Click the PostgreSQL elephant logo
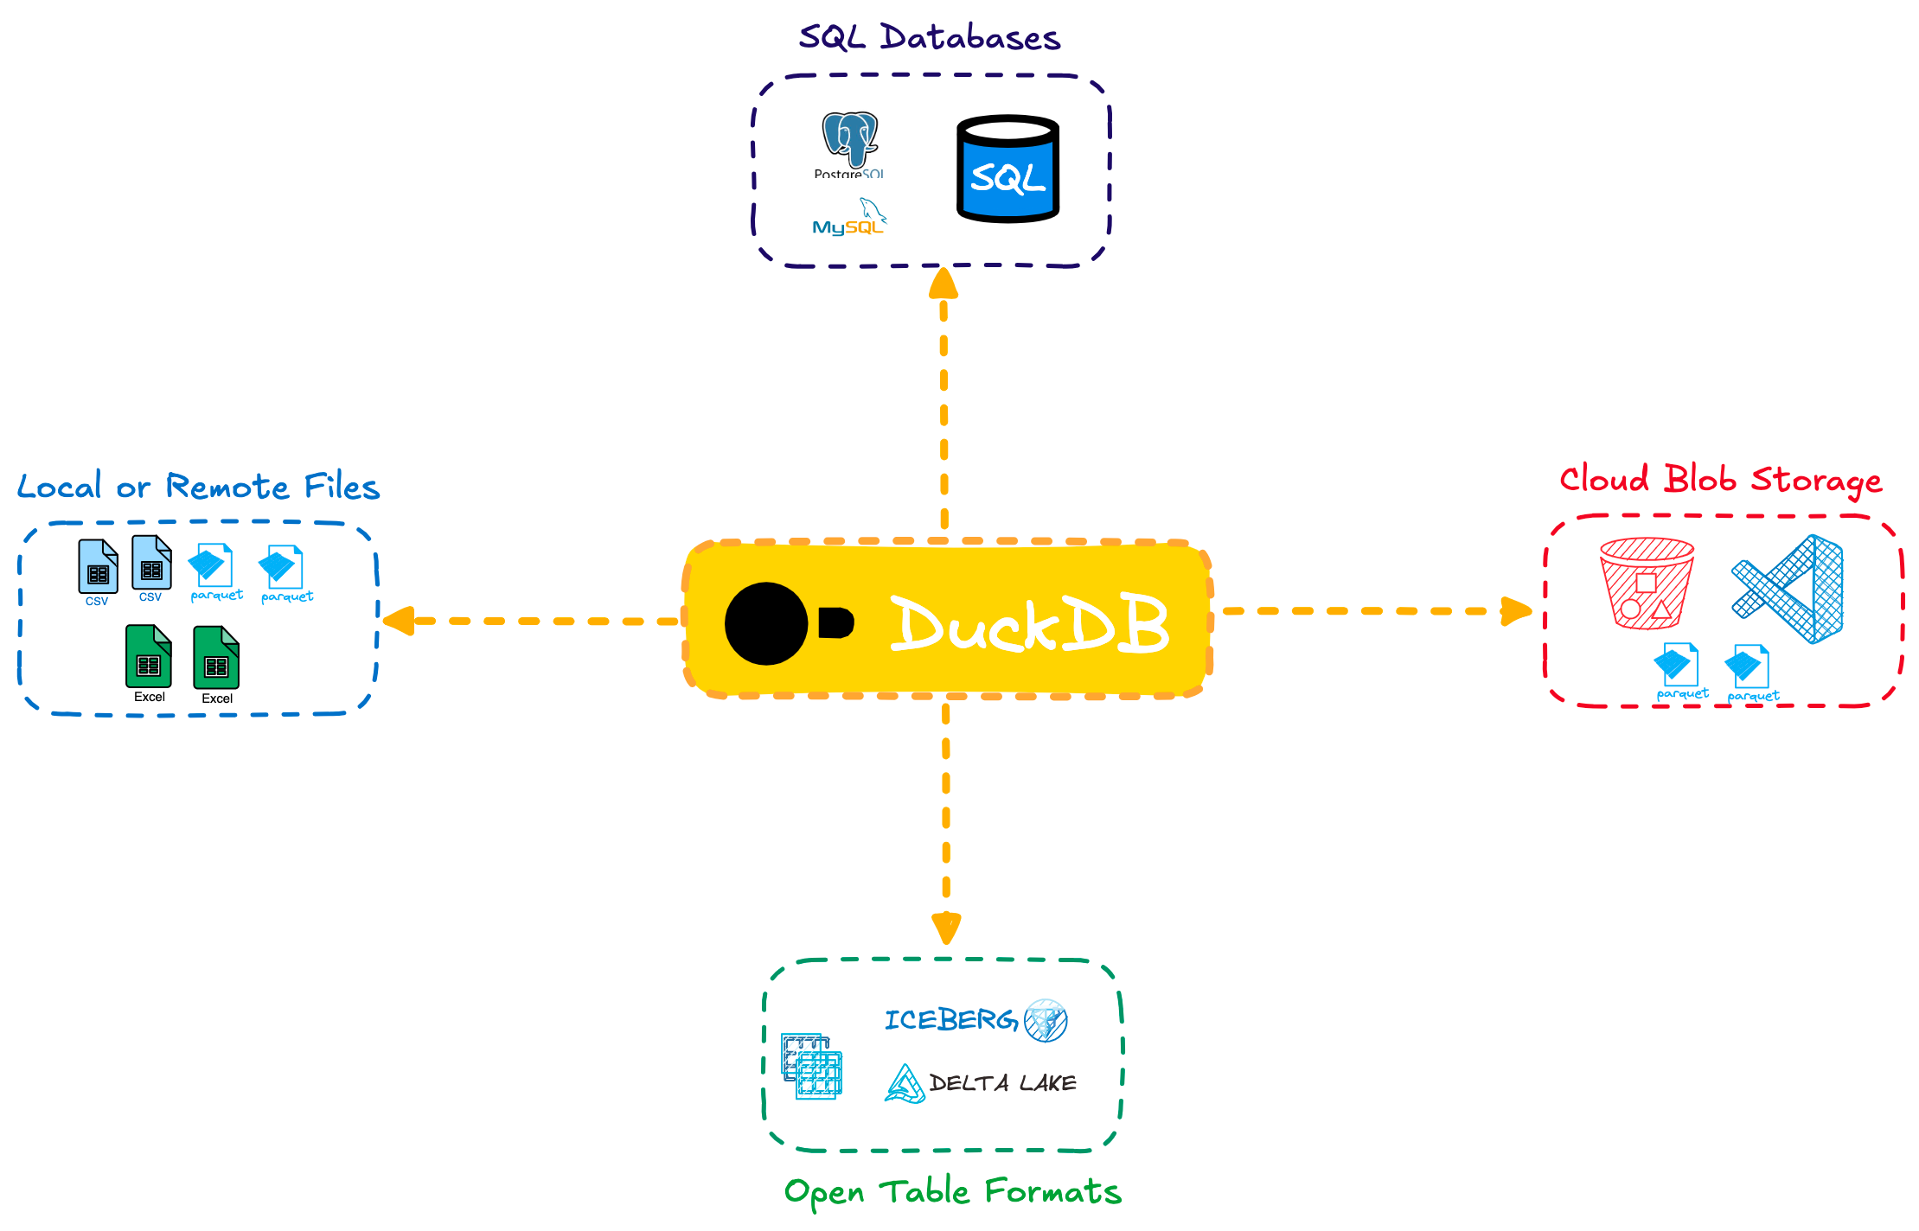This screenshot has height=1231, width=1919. [x=849, y=138]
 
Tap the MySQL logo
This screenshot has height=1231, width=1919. [x=849, y=220]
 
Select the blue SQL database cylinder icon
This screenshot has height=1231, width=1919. [x=1007, y=170]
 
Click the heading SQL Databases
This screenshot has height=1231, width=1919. [x=929, y=38]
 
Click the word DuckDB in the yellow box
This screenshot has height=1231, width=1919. [x=1029, y=623]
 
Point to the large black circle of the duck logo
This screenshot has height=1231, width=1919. [x=766, y=623]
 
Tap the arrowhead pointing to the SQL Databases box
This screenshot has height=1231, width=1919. [x=943, y=284]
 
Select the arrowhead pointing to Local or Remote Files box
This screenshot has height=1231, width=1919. [x=399, y=621]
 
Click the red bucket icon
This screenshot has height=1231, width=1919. [x=1646, y=583]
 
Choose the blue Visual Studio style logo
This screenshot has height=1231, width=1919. [x=1789, y=589]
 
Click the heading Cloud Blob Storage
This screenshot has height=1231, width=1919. [x=1720, y=480]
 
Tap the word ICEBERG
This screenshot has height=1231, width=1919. [x=950, y=1020]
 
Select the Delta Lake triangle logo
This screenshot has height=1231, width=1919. [x=905, y=1084]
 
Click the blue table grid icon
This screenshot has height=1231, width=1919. [x=811, y=1066]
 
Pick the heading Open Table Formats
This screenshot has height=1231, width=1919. [x=952, y=1192]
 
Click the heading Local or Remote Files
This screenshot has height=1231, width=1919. [x=198, y=487]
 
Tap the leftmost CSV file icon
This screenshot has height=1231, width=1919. [x=98, y=567]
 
